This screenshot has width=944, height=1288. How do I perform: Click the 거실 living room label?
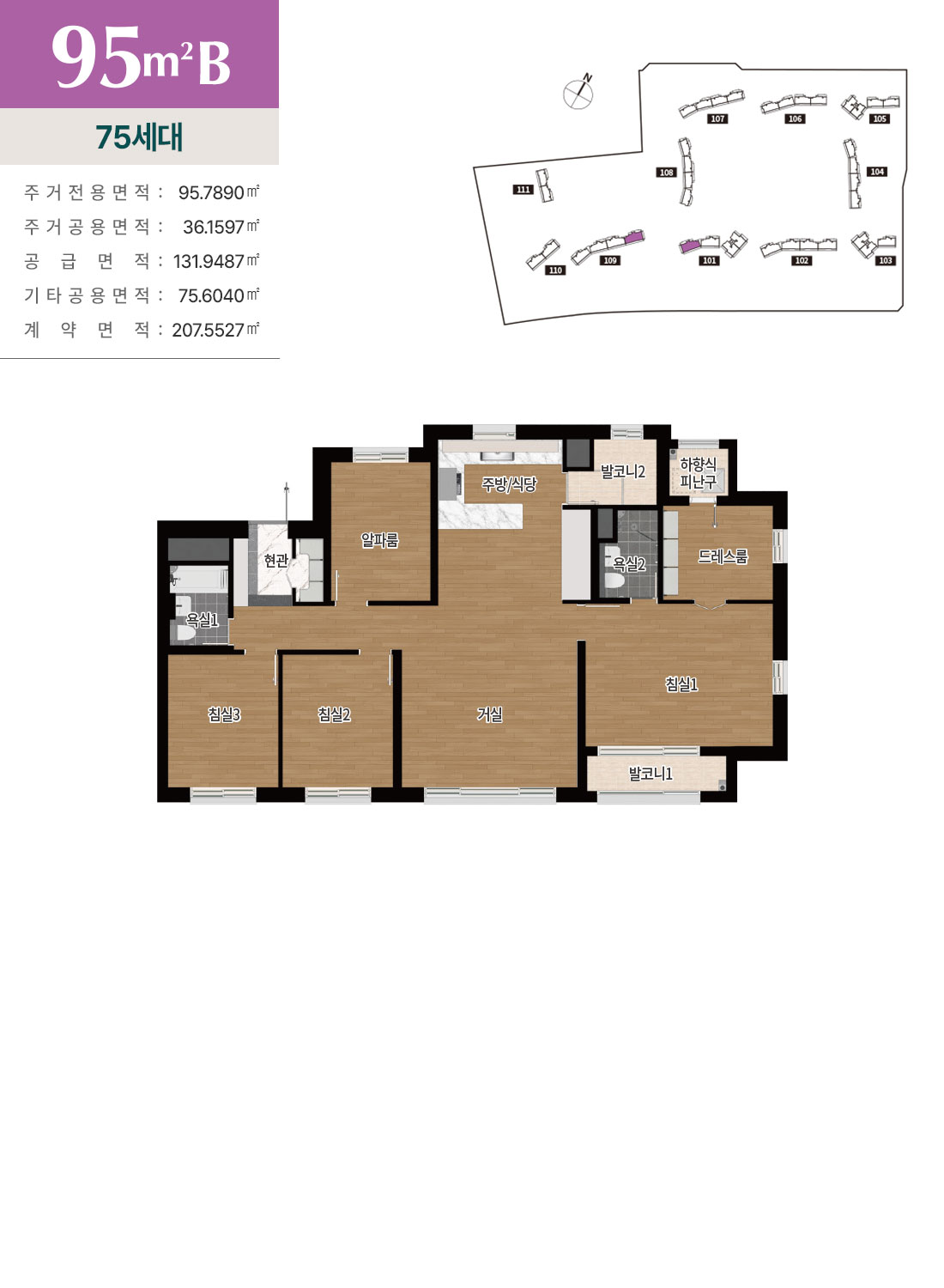(489, 714)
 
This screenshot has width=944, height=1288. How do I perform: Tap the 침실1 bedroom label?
(681, 684)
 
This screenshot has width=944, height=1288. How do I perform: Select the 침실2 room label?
(334, 714)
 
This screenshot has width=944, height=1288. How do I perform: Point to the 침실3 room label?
(224, 714)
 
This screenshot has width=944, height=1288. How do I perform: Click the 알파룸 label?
(379, 540)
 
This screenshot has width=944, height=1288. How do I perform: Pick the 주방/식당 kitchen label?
(509, 484)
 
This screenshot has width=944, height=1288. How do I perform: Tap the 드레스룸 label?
(723, 556)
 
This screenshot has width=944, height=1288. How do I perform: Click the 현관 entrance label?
(275, 560)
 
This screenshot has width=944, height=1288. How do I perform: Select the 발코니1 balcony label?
(651, 774)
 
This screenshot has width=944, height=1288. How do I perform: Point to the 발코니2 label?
(623, 471)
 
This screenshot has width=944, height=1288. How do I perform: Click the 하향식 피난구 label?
(699, 472)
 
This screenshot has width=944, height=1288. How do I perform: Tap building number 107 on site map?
(717, 119)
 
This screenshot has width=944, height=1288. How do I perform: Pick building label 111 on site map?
(523, 190)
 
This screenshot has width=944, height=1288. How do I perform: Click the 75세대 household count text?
(140, 137)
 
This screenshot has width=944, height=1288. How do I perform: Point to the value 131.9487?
(209, 262)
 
